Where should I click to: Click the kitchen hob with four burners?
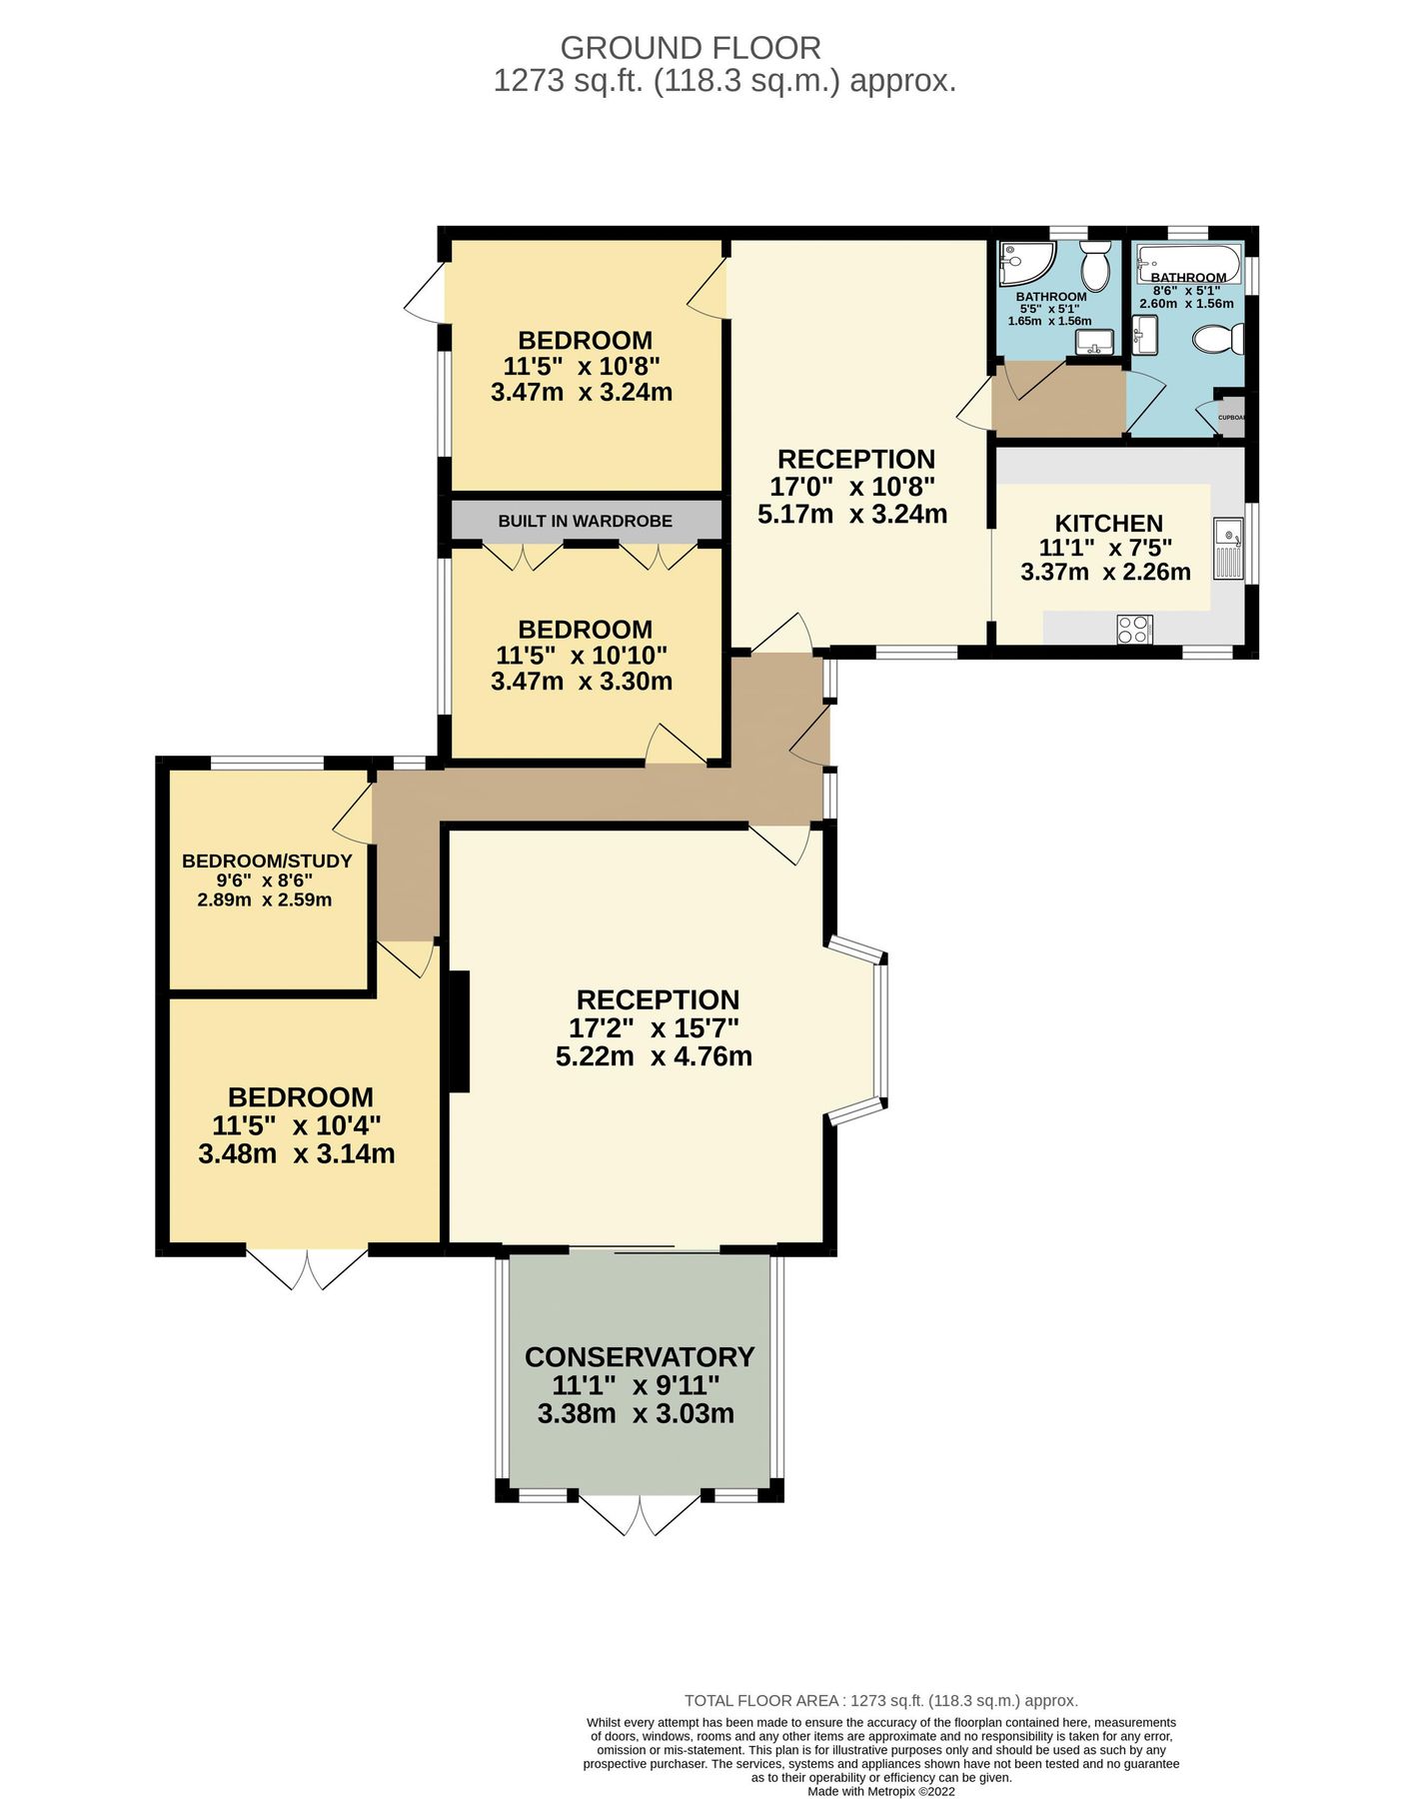[1134, 630]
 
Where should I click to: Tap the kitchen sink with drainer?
[1228, 549]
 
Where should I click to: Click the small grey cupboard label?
[1231, 417]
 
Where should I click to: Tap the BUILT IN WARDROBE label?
[586, 521]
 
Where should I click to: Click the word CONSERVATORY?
[640, 1357]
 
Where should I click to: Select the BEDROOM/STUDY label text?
[267, 862]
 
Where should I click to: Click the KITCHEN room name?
[1108, 524]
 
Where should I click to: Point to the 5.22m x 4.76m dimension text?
[654, 1056]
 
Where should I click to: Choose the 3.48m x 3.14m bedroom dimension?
[297, 1154]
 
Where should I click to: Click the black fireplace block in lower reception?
[459, 1031]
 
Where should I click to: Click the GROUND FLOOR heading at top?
[690, 48]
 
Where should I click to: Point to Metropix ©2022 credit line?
[881, 1792]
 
